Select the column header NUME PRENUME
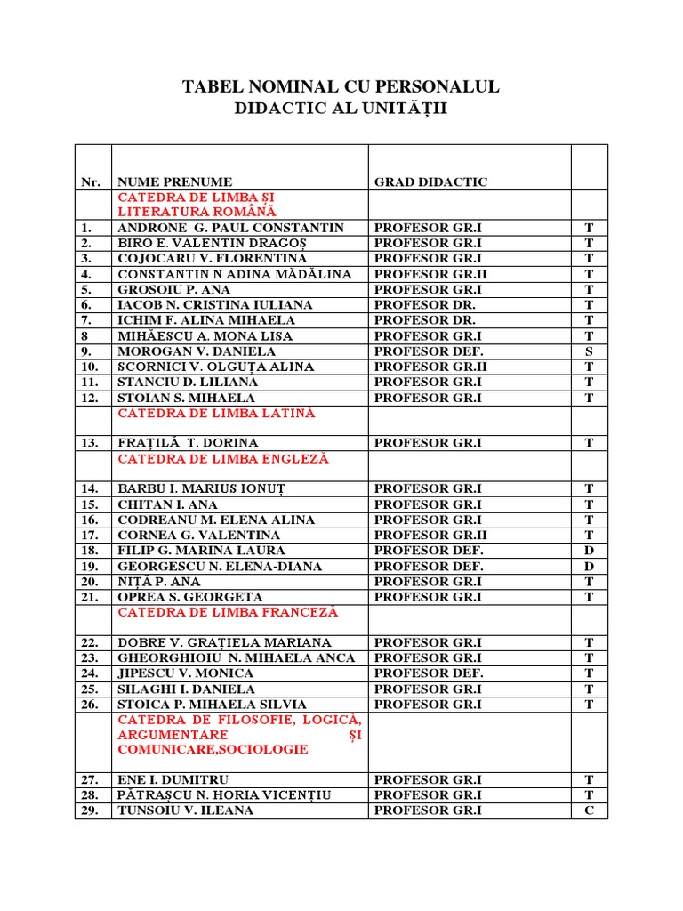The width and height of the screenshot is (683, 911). click(174, 182)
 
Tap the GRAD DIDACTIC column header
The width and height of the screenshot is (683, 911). click(430, 182)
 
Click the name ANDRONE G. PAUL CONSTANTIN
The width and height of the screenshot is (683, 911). click(230, 228)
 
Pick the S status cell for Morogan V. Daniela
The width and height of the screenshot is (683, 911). click(588, 351)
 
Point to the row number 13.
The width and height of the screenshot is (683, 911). click(90, 443)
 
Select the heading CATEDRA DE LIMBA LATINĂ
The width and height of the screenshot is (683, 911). click(216, 414)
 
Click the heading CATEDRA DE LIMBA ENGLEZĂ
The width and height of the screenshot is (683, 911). click(223, 459)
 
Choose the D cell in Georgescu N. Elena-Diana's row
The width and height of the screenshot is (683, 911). click(588, 567)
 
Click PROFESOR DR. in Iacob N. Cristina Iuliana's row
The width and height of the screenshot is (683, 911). click(425, 305)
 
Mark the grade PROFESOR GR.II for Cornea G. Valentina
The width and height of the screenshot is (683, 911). click(430, 536)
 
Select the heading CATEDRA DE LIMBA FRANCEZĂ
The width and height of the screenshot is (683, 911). click(228, 612)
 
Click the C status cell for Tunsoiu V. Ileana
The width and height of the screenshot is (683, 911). click(588, 810)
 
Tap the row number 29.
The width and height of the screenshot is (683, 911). click(90, 810)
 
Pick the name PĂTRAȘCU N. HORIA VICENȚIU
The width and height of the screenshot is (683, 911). click(224, 794)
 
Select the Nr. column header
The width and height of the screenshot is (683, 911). click(91, 182)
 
